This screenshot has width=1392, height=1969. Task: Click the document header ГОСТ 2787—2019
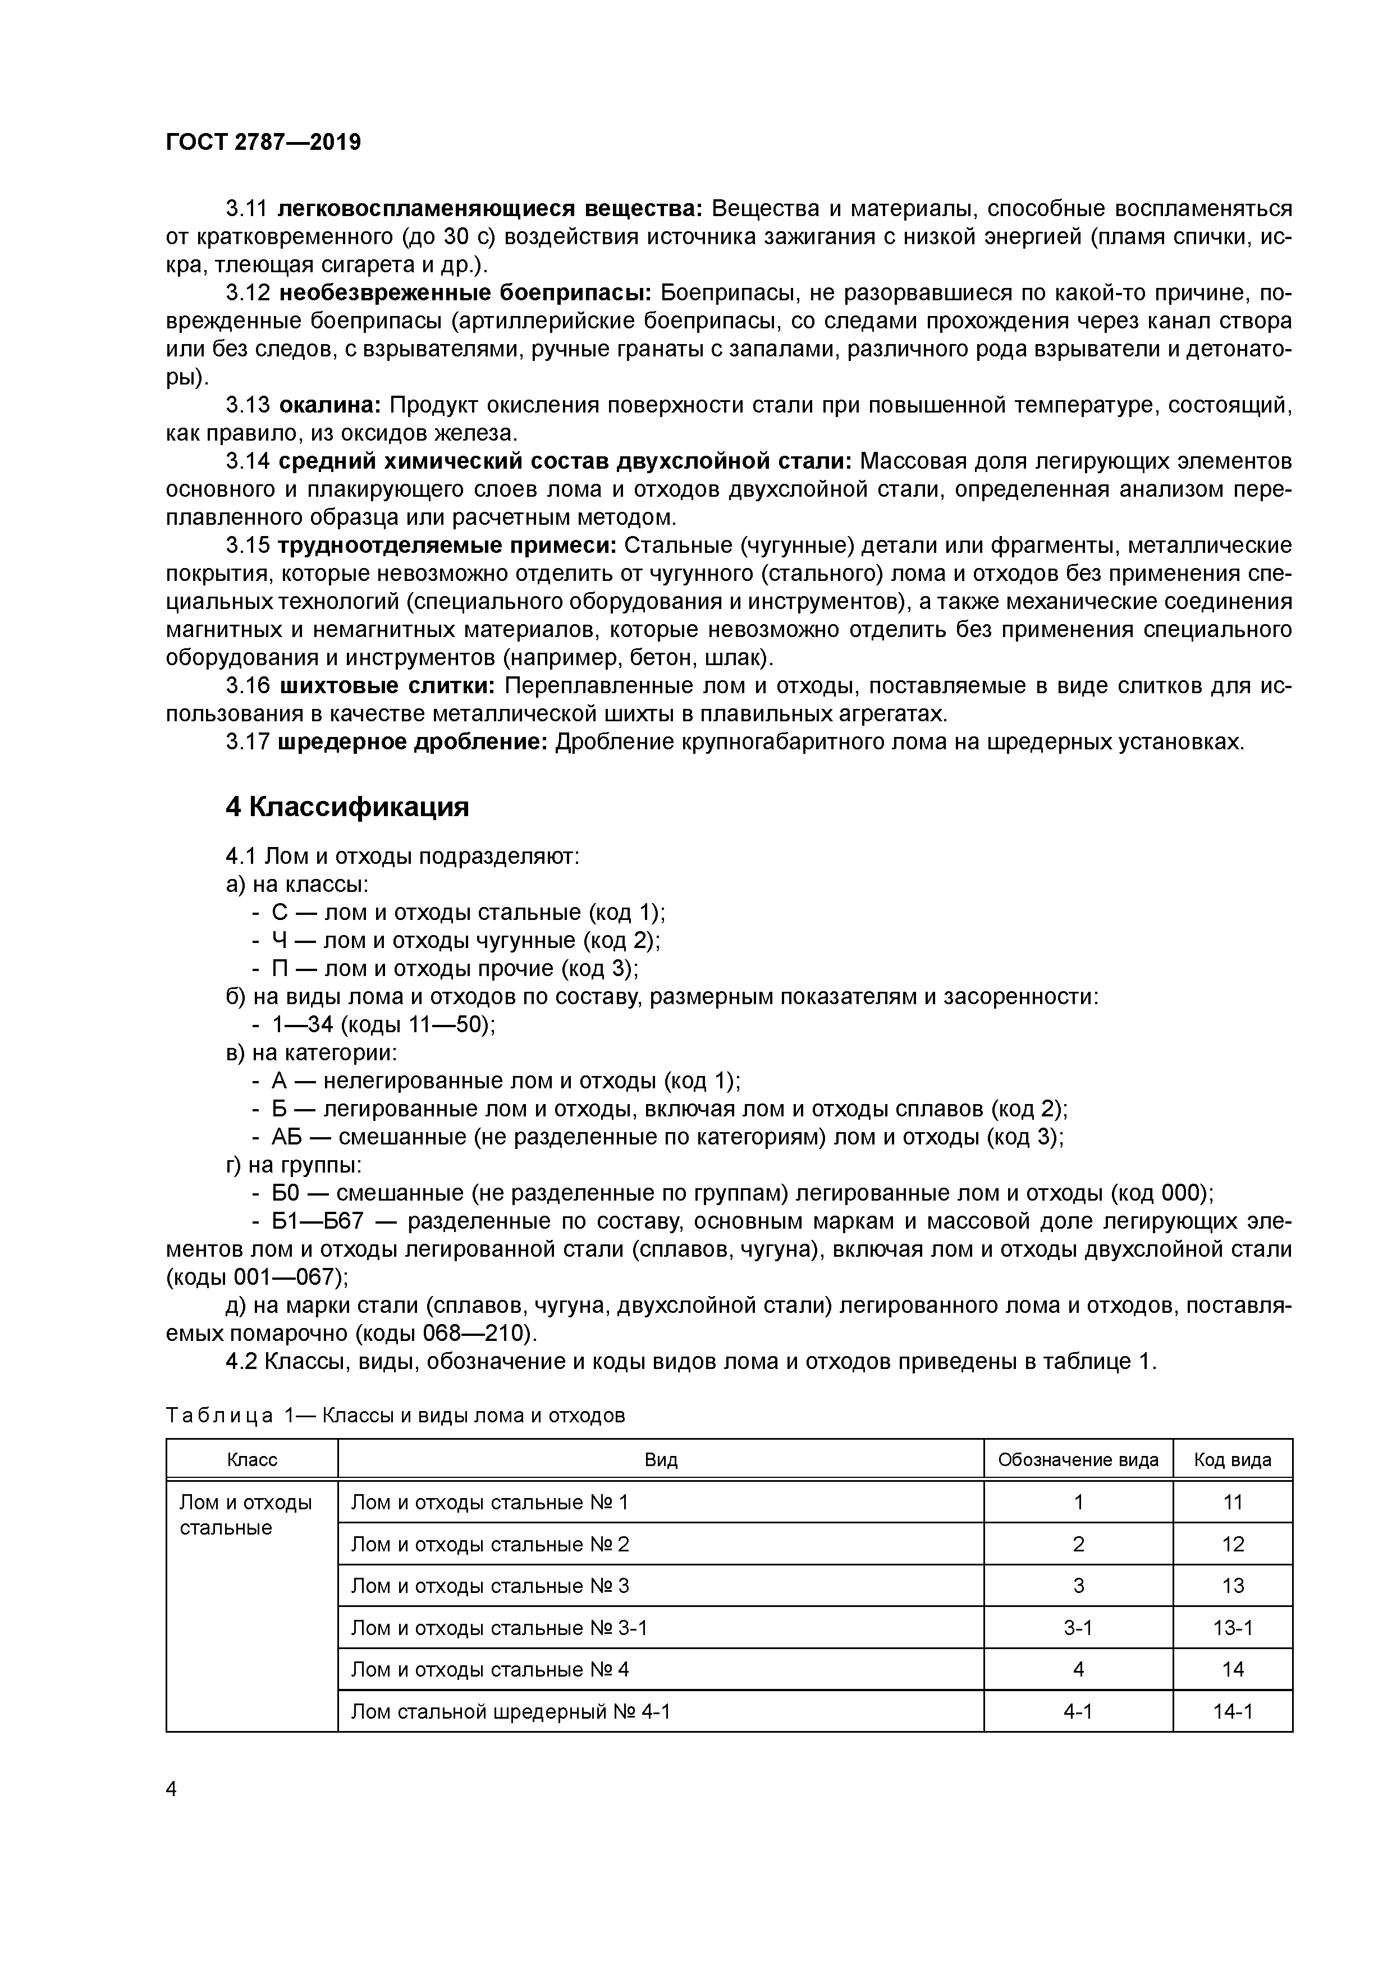(263, 143)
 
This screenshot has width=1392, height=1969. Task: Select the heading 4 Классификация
(347, 807)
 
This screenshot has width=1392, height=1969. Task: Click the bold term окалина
(330, 405)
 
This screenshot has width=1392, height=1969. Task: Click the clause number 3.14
(248, 461)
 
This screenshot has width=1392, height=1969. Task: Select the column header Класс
(251, 1459)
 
